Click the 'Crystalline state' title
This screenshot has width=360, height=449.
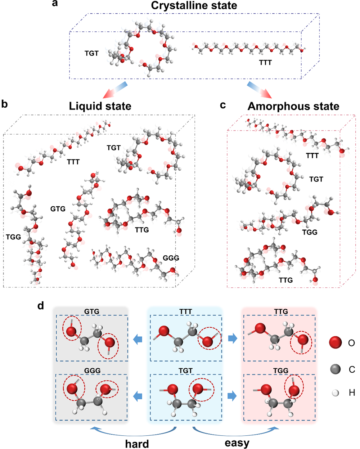coord(194,6)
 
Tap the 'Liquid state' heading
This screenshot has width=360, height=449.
coord(100,106)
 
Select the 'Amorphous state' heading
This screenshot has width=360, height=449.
coord(293,106)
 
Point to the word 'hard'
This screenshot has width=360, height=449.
coord(137,444)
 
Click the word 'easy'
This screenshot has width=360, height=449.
coord(237,443)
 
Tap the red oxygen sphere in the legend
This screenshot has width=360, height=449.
coord(336,342)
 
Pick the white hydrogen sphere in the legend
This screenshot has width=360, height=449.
coord(336,393)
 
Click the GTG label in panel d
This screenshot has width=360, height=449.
coord(92,311)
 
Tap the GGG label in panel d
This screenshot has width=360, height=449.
coord(92,371)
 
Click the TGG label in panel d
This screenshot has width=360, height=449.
coord(280,371)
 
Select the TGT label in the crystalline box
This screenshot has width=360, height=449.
coord(91,53)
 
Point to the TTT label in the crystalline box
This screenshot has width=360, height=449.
coord(265,63)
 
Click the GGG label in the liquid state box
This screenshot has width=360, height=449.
coord(171,258)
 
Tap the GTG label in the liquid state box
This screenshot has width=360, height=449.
coord(58,208)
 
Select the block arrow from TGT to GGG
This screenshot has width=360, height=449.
coord(138,396)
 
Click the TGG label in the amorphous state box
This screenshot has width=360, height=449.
coord(310,232)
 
